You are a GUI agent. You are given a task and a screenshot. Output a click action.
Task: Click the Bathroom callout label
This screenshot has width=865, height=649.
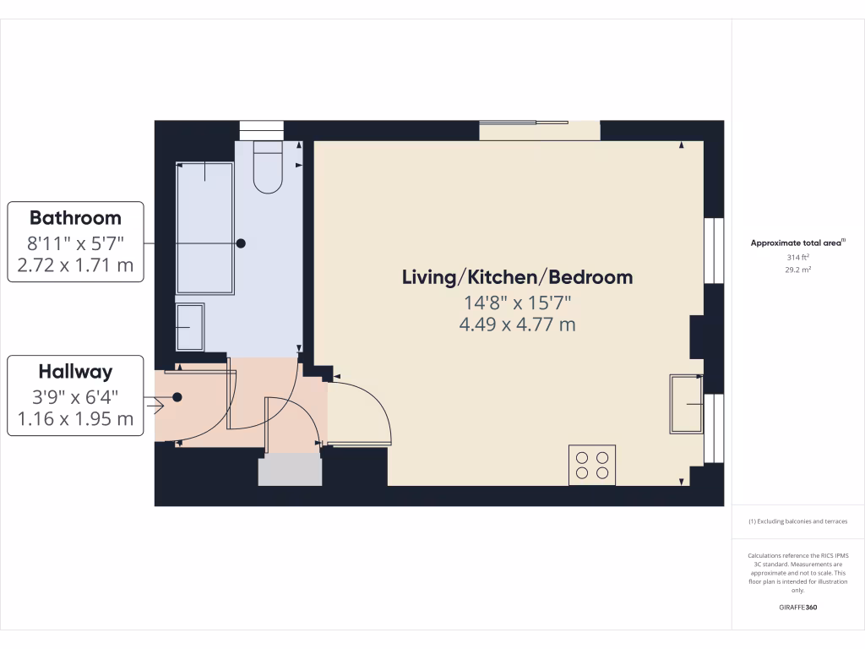point(76,218)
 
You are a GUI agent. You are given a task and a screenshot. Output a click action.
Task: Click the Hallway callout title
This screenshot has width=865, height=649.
point(75,372)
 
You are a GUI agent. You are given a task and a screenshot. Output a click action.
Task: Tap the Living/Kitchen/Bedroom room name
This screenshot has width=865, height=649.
point(517,277)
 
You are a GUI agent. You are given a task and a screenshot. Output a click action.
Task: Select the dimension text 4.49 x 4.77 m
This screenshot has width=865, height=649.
point(517,324)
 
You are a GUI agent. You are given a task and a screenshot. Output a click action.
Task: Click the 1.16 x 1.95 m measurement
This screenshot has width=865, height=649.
point(76,419)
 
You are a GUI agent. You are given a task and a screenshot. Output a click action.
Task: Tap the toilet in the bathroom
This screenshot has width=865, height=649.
point(268,170)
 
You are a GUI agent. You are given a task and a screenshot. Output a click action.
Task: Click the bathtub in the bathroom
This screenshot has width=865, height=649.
point(204,228)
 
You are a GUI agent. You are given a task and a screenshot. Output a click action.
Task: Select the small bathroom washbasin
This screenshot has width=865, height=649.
point(189,326)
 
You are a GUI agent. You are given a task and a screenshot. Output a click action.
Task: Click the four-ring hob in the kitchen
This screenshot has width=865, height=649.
point(592,465)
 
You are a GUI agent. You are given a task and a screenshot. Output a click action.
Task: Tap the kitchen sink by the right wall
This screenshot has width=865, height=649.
point(686,403)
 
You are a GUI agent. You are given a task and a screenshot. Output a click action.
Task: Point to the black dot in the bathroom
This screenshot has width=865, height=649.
point(241,243)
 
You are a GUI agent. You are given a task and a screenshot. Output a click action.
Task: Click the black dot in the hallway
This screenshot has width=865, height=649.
point(177,397)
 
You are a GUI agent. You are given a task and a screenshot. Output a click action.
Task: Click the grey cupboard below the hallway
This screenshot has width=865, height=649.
point(290,470)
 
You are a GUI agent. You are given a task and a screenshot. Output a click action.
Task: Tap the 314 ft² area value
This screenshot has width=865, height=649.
point(797,257)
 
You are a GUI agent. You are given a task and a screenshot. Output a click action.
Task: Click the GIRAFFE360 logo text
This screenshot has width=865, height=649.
point(797,608)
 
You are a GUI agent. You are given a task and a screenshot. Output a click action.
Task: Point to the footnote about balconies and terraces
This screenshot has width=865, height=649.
point(797,521)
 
